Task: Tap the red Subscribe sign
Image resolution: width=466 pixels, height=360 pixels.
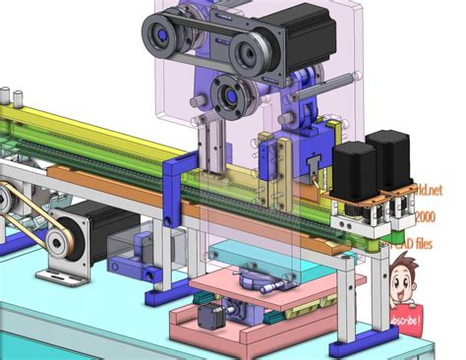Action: click(x=405, y=320)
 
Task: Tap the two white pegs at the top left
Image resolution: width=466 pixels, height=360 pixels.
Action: click(x=12, y=96)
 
